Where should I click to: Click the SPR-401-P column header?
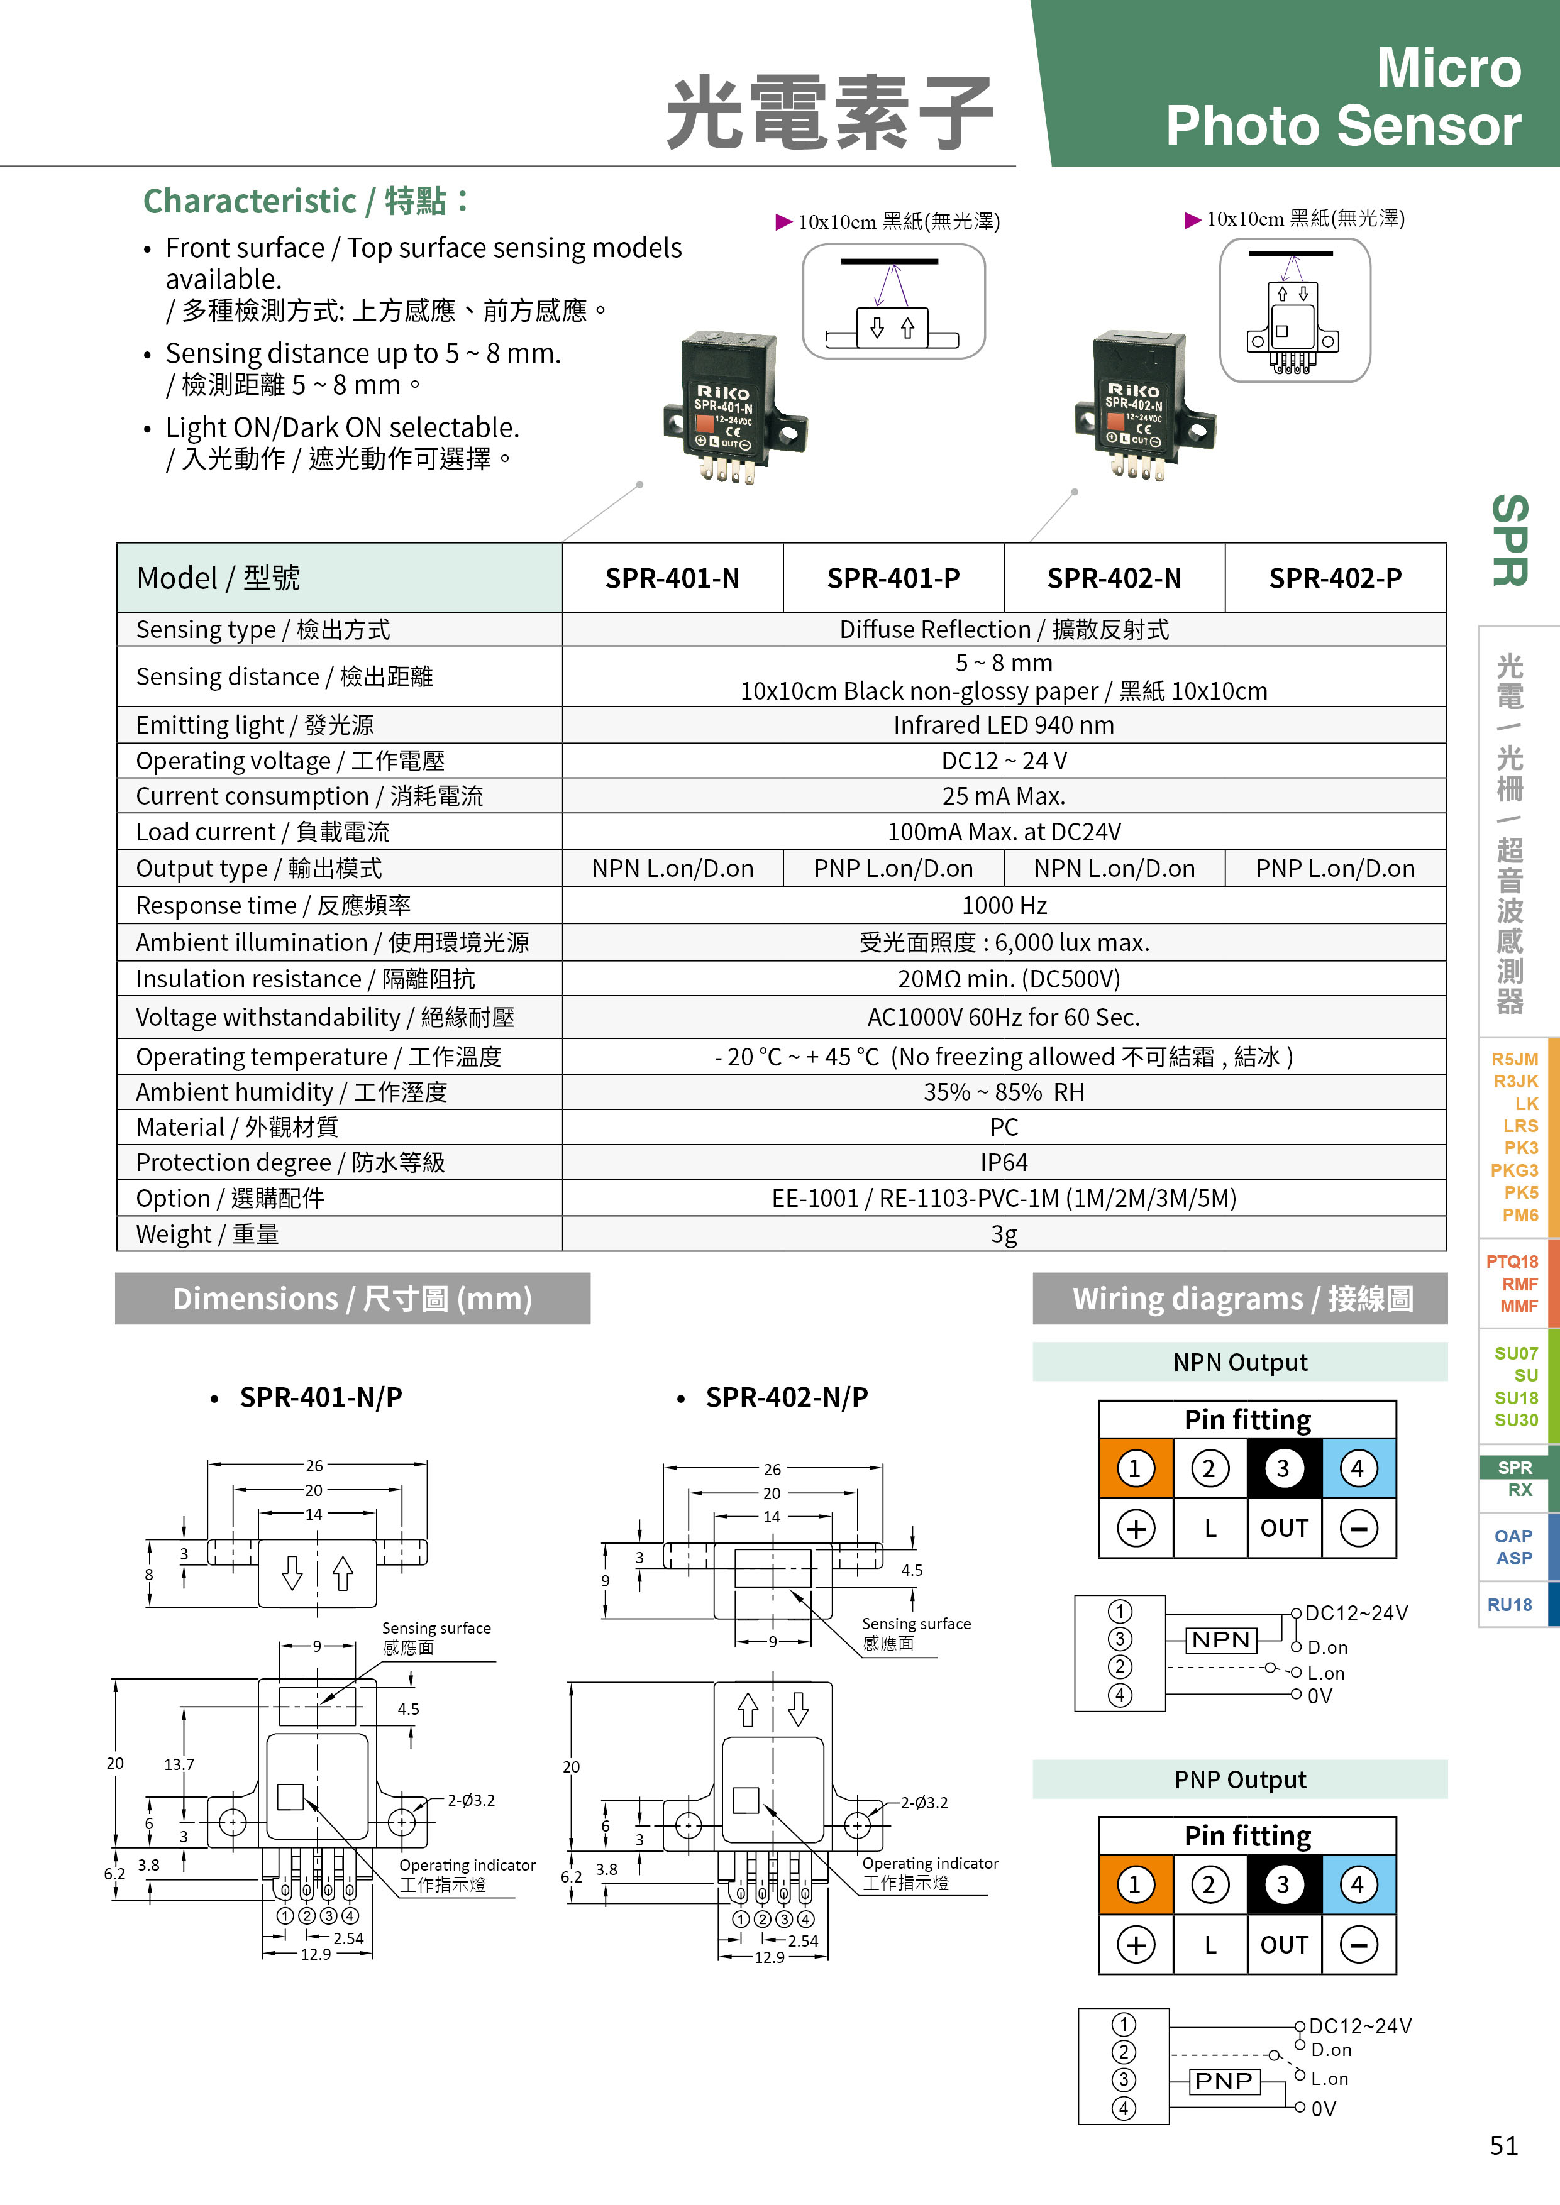pos(893,578)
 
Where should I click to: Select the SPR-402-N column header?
pos(1114,578)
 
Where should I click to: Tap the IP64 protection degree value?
pos(1004,1162)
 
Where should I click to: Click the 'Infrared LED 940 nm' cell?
pos(1004,725)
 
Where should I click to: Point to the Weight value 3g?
pos(1004,1234)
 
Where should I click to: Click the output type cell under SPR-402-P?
pos(1336,868)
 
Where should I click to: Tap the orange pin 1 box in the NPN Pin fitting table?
pos(1136,1468)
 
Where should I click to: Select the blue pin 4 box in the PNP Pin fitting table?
pos(1358,1884)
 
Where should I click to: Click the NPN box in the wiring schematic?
pos(1222,1639)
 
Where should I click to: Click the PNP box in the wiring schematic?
pos(1224,2080)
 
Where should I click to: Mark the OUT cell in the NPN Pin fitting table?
pos(1285,1528)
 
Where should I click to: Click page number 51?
pos(1504,2145)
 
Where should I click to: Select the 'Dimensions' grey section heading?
pos(353,1299)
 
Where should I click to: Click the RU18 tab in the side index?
pos(1510,1605)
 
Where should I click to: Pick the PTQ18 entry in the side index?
pos(1512,1261)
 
